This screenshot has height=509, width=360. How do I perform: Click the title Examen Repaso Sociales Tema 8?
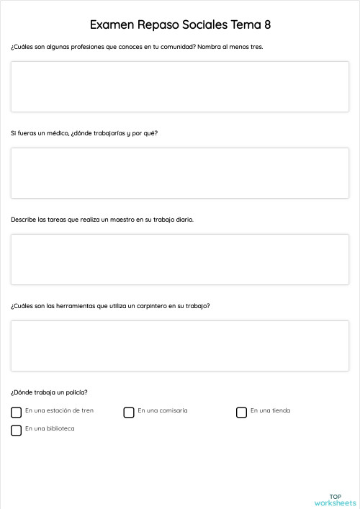pyautogui.click(x=180, y=25)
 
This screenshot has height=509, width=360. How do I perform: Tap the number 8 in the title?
pyautogui.click(x=266, y=25)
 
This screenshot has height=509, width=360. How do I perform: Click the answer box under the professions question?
pyautogui.click(x=180, y=86)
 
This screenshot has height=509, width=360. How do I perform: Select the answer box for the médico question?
pyautogui.click(x=180, y=173)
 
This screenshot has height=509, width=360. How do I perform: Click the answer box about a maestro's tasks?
pyautogui.click(x=180, y=259)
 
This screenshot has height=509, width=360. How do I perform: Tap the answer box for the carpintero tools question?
pyautogui.click(x=180, y=346)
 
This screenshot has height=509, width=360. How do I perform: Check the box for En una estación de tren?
pyautogui.click(x=16, y=413)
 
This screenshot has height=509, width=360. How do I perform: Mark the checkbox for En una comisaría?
pyautogui.click(x=129, y=413)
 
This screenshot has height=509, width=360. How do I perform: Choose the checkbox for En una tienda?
pyautogui.click(x=242, y=413)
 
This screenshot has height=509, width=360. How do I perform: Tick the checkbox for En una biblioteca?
pyautogui.click(x=16, y=431)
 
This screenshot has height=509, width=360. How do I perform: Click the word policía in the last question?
pyautogui.click(x=76, y=392)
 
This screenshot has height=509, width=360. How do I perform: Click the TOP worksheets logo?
pyautogui.click(x=335, y=500)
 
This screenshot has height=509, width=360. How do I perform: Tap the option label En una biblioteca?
pyautogui.click(x=50, y=428)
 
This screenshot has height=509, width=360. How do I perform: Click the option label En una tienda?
pyautogui.click(x=271, y=410)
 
